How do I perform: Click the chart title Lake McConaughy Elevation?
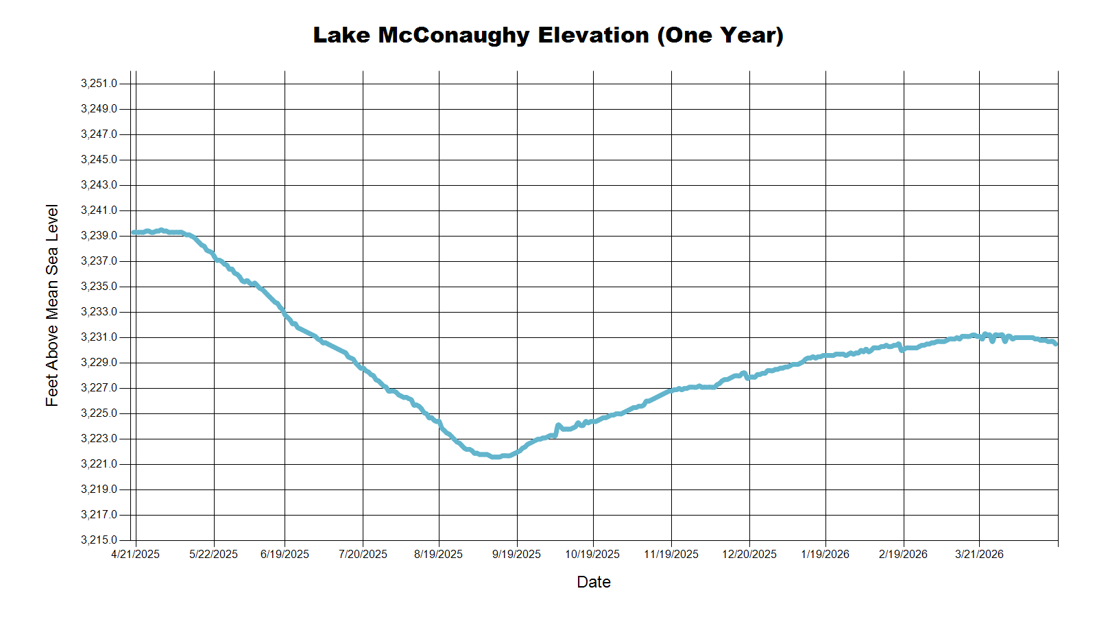pos(548,35)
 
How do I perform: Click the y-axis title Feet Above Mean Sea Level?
pos(52,305)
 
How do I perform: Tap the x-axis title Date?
pos(593,582)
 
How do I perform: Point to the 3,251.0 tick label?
pos(99,84)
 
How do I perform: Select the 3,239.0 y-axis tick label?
pos(99,236)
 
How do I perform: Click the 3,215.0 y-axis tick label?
pos(99,540)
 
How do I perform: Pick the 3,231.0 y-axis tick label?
pos(99,337)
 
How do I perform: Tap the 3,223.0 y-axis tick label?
pos(99,439)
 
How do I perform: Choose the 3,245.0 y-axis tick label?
pos(99,160)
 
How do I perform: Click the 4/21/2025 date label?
pos(135,555)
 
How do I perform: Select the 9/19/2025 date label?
pos(516,555)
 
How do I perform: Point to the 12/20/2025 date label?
pos(749,555)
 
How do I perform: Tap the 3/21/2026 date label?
pos(979,555)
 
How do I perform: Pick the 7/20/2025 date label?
pos(363,555)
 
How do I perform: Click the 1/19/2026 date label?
pos(825,555)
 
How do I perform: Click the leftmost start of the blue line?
pos(134,232)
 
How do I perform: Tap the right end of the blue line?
pos(1056,343)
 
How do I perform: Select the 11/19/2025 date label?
pos(671,555)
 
